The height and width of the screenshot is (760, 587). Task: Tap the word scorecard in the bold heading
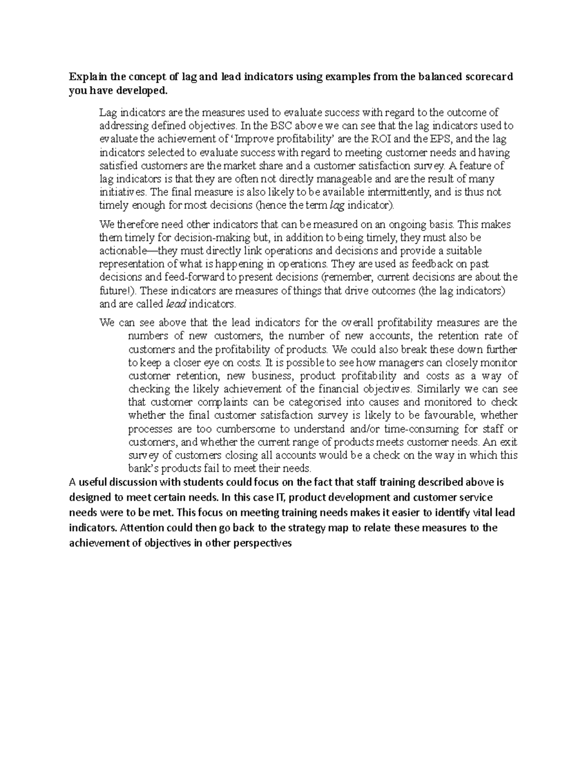[487, 77]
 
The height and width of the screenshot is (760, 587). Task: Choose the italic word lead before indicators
[177, 304]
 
